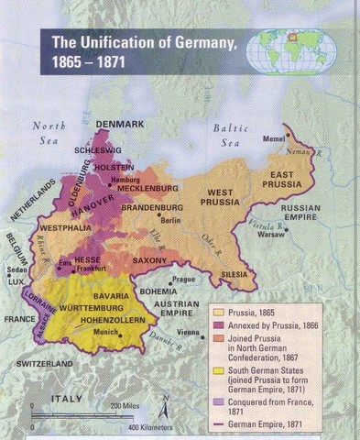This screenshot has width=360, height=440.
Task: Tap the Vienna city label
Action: click(189, 332)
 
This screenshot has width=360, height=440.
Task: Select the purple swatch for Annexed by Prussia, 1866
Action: click(220, 325)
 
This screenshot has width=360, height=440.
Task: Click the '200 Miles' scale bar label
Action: click(130, 406)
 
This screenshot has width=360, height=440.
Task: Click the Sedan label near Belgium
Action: click(16, 271)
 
